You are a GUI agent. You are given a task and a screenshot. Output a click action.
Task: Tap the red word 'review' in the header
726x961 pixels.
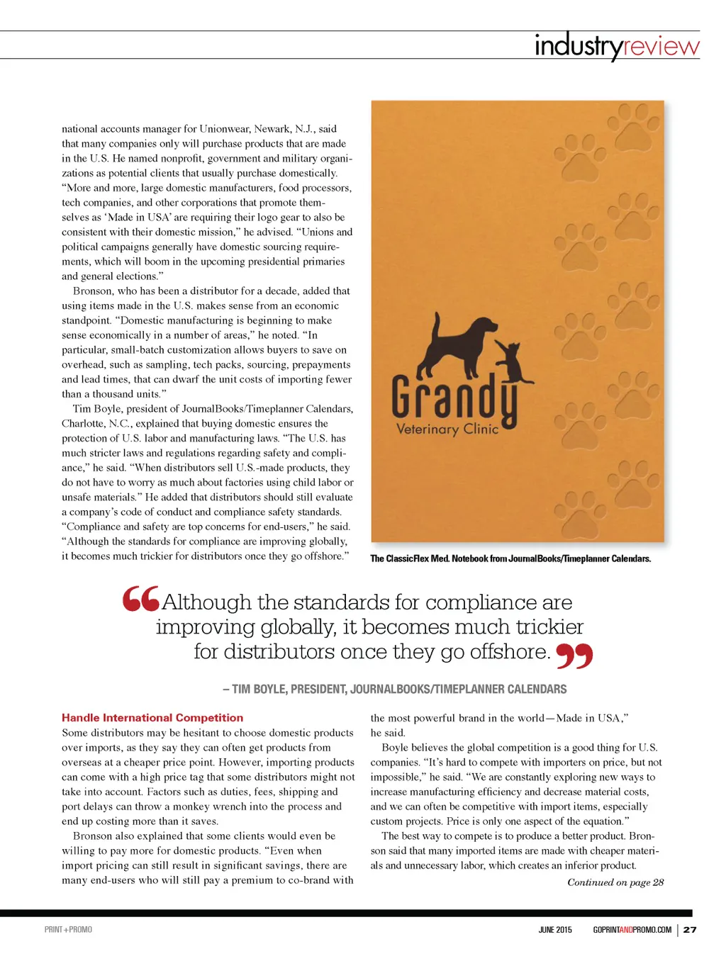(x=661, y=46)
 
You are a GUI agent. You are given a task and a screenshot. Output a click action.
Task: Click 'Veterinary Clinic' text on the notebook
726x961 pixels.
(x=447, y=429)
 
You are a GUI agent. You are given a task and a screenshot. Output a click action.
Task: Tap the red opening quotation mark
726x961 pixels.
(x=140, y=600)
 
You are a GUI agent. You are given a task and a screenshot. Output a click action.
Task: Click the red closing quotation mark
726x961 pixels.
(x=574, y=656)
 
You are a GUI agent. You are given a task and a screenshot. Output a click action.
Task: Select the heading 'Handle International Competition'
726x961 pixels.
(x=152, y=718)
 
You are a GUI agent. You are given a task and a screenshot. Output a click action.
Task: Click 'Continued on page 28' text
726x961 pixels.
(x=615, y=882)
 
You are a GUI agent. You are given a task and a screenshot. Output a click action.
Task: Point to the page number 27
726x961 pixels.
(x=690, y=930)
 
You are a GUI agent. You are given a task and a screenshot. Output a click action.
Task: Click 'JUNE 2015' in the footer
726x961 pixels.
(x=555, y=930)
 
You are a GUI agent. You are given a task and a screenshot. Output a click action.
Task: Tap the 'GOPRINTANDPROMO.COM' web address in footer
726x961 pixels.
(x=632, y=930)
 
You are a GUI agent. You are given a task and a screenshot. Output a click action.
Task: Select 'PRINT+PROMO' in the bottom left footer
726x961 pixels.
(x=68, y=930)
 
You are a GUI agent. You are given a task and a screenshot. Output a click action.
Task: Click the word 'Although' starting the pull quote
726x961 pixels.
(x=206, y=602)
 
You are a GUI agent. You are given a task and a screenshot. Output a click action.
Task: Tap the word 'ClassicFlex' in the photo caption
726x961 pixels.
(x=408, y=558)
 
